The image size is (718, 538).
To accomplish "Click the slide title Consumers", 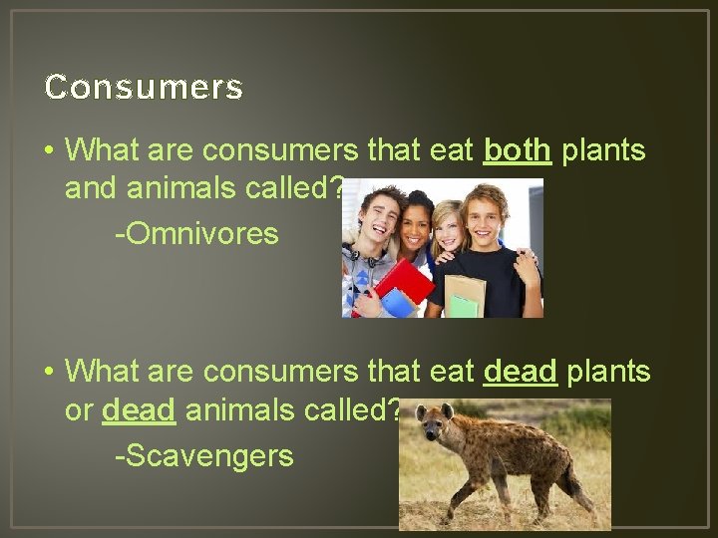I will pos(144,88).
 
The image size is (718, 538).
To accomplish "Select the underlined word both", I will pos(517,150).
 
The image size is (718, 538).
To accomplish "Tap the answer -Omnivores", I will pos(196,234).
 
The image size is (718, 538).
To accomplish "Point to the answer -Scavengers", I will pos(203,455).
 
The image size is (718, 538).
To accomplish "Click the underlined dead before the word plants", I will pos(519,372).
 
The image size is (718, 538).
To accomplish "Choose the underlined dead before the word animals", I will pos(139,409).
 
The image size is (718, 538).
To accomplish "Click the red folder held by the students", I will pos(403,281).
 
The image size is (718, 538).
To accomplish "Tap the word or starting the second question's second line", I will pos(79,409).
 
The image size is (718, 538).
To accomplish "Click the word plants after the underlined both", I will pos(603,150).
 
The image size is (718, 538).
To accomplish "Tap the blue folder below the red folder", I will pos(395,302).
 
